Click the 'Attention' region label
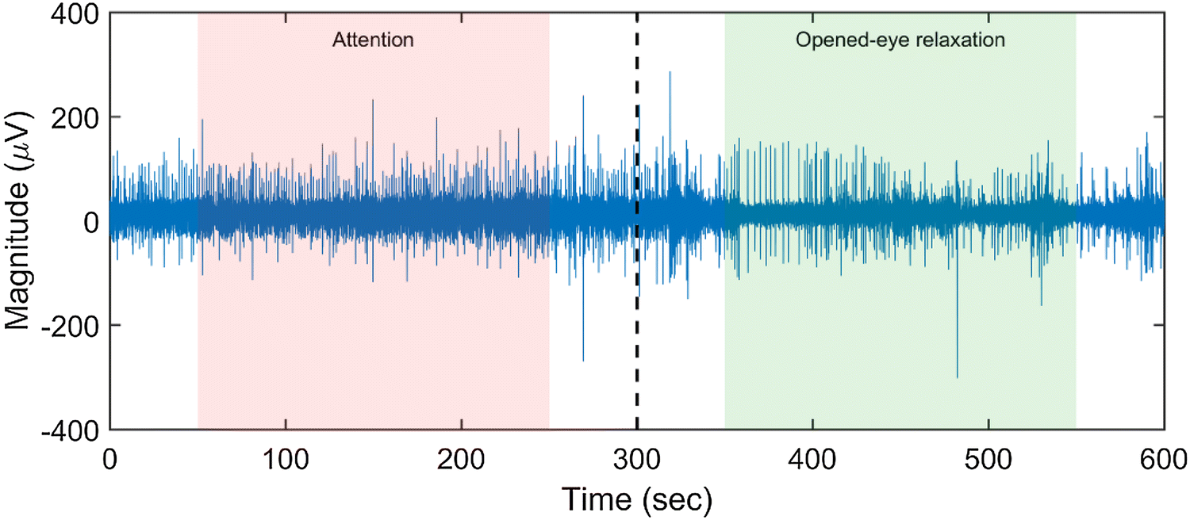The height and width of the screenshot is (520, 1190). pos(372,40)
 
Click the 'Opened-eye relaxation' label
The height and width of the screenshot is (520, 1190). pos(900,40)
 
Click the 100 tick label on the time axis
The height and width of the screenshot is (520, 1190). pos(286,459)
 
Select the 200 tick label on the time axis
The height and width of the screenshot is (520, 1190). pos(462,459)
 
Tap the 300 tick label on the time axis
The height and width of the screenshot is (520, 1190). pos(637,459)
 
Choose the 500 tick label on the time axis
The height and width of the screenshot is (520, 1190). pos(988,459)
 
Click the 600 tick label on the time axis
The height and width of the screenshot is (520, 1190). pos(1163,459)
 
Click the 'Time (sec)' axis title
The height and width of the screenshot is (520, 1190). pos(637,499)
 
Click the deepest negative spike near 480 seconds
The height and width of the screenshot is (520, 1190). pos(958,377)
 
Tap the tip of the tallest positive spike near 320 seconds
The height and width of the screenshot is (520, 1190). pos(670,72)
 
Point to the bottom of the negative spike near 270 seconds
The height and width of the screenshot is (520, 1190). pos(583,361)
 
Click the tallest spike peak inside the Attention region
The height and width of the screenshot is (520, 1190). pos(373,100)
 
